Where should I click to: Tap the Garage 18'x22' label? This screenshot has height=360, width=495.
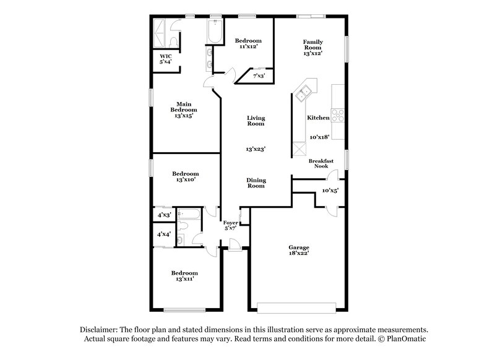pos(298,250)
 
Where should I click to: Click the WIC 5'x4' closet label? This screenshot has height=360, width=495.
pos(165,59)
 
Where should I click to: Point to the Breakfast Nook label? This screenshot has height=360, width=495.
pos(321,163)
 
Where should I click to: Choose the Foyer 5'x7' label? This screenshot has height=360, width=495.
pos(230,225)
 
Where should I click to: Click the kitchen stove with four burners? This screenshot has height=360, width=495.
pos(338,114)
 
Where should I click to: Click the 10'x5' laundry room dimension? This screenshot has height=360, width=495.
pos(330,191)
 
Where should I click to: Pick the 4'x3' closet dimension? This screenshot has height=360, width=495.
pos(164,215)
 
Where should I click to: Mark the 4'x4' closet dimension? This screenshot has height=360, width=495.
pos(164,234)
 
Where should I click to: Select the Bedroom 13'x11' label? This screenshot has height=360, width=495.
pos(185,276)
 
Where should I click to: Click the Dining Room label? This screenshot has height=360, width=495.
pos(256,183)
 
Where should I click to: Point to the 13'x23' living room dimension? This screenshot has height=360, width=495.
pos(256,149)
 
